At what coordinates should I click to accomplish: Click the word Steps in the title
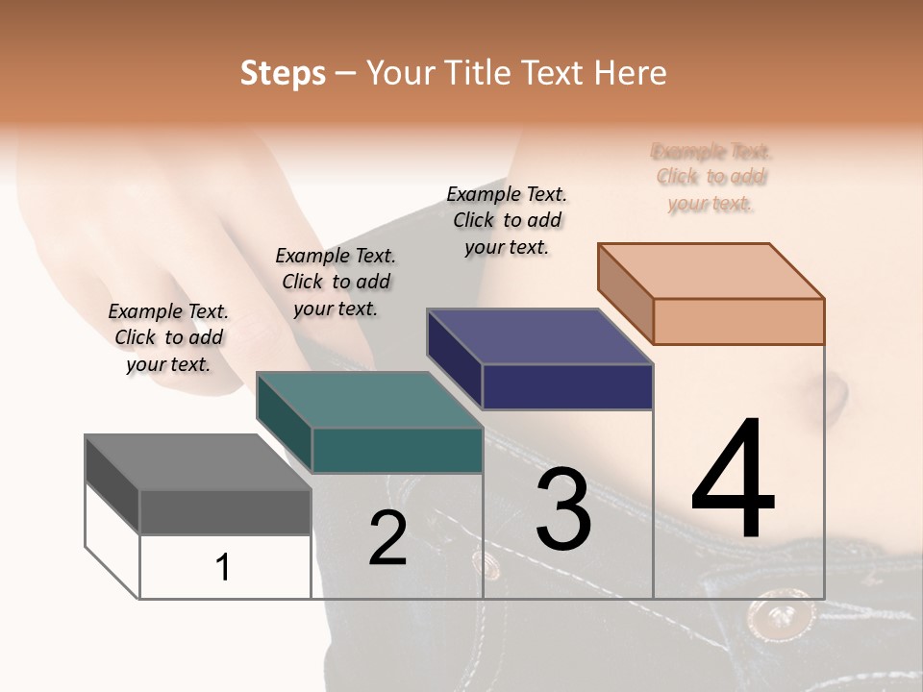coord(283,73)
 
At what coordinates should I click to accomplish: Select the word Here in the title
coord(630,73)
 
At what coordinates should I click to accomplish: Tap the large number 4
coord(733,481)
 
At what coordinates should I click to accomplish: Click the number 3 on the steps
coord(563,509)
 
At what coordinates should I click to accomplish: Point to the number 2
coord(387,538)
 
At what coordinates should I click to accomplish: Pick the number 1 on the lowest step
coord(223,568)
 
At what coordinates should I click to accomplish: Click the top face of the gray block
coord(197,462)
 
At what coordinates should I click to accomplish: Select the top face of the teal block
coord(368,400)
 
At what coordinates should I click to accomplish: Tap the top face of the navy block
coord(539,336)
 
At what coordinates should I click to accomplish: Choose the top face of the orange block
coord(711,271)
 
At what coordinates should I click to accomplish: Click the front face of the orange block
coord(738,321)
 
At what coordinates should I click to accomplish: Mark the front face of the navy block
coord(567,387)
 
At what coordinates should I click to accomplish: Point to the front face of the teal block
coord(397,450)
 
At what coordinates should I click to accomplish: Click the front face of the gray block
coord(225,511)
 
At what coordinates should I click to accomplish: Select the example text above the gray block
coord(168,337)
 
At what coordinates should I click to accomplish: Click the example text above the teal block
coord(336,282)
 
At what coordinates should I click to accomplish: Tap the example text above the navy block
coord(507,220)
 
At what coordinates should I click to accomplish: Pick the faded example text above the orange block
coord(711,177)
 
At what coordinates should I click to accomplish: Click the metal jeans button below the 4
coord(778,614)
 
